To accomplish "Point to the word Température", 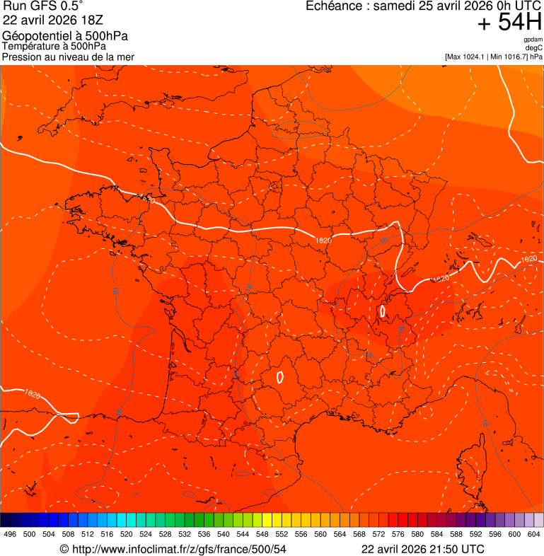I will (x=31, y=46).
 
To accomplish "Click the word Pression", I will (x=22, y=57).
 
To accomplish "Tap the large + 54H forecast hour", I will (x=509, y=23).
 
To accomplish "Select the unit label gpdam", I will (x=533, y=40).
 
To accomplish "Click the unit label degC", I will (x=533, y=47).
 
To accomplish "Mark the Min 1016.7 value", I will (x=509, y=56).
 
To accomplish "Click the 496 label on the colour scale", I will (x=10, y=535).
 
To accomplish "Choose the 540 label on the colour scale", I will (x=224, y=535).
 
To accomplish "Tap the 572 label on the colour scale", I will (x=378, y=535).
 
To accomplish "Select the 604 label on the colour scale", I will (x=534, y=535).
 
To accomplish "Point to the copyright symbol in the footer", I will (x=64, y=549).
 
